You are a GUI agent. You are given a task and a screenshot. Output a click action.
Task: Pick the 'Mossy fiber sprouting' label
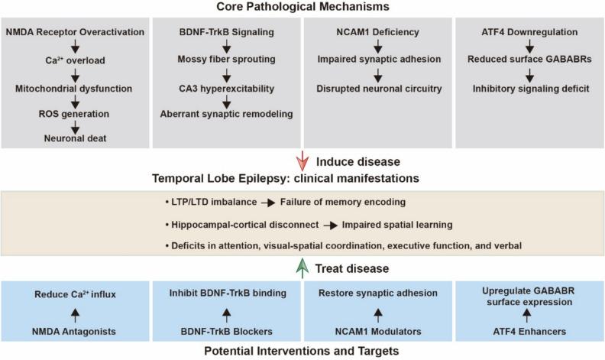pyautogui.click(x=226, y=59)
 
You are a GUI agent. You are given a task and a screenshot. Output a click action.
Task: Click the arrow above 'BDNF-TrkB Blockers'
pyautogui.click(x=226, y=315)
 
